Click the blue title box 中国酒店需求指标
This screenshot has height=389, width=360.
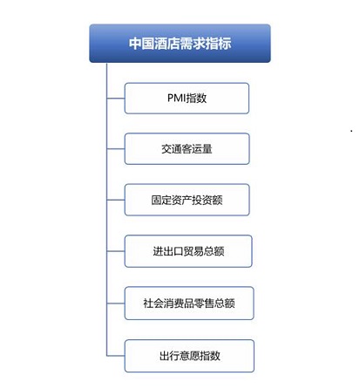point(180,44)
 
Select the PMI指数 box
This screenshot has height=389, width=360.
point(187,99)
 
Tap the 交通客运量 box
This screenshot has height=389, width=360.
point(187,149)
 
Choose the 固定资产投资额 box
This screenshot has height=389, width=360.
point(187,200)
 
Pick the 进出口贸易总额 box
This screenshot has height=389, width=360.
point(188,251)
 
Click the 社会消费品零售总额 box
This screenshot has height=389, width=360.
point(189,304)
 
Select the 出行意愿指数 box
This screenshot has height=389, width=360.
point(189,356)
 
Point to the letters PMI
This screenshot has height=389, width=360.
point(176,98)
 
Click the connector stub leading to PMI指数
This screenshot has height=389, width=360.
point(116,99)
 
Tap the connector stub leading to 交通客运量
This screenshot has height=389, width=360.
point(116,149)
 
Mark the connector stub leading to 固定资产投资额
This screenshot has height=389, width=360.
point(116,200)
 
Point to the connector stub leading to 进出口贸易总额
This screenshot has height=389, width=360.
point(116,251)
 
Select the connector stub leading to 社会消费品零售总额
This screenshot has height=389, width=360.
point(116,304)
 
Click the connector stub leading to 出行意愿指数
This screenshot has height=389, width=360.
point(116,356)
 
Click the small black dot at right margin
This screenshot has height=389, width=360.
point(351,131)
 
